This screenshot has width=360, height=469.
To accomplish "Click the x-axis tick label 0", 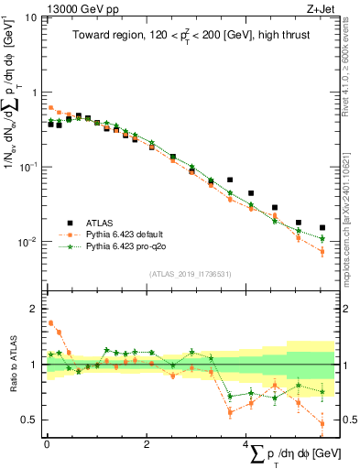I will point(47,444).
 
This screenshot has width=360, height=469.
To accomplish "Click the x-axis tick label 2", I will point(147,444).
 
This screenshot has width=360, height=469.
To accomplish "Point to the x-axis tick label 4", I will point(246,444).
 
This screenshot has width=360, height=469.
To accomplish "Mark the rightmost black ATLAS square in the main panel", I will point(322,228).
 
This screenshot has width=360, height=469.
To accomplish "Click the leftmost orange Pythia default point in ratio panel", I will point(50,322).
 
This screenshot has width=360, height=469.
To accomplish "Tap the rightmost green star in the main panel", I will point(322,238).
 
